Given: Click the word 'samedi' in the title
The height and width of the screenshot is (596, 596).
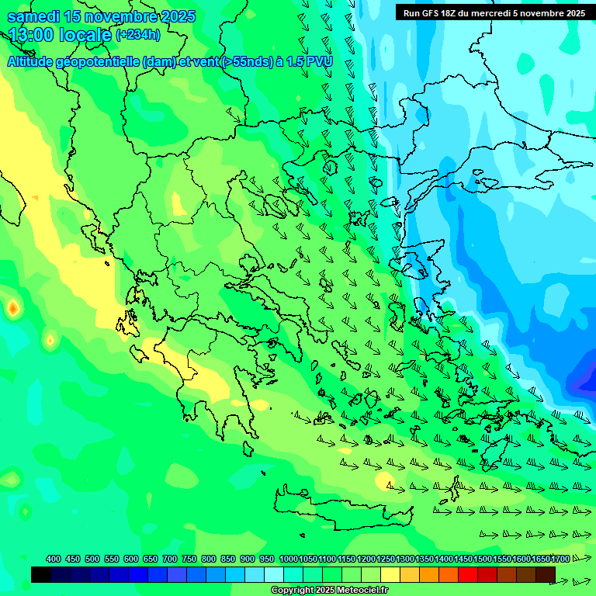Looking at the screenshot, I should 34,16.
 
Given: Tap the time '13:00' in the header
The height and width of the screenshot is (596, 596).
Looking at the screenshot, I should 36,35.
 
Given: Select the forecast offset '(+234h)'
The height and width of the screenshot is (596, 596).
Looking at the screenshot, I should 138,34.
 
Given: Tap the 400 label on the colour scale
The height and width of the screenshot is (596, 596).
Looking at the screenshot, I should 54,559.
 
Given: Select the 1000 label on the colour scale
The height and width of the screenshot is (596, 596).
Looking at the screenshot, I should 288,559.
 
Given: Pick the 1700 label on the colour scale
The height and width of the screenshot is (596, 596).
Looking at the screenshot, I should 560,559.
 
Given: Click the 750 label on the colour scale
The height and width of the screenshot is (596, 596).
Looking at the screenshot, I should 189,559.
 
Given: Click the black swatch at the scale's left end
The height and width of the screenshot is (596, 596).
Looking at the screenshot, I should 41,574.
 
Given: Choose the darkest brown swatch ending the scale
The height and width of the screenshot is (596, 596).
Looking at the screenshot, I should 546,574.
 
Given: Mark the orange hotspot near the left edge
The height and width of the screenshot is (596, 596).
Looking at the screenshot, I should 12,308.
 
